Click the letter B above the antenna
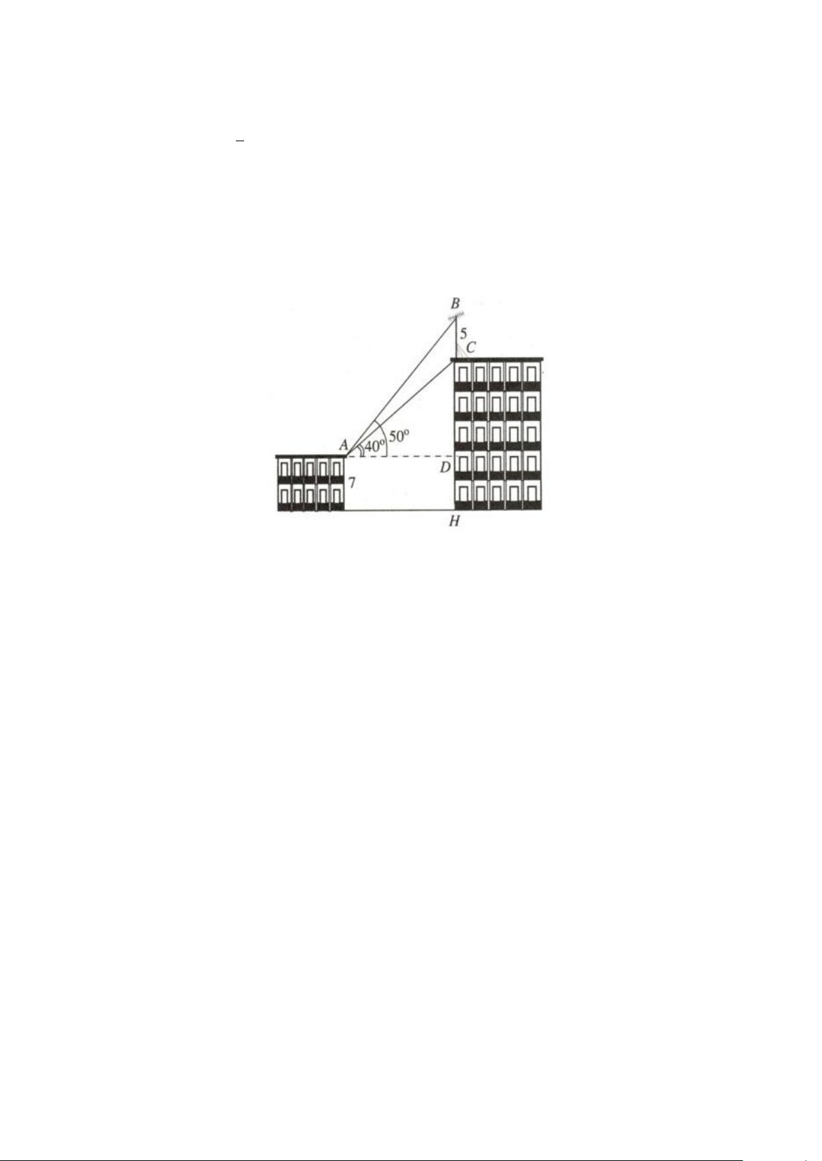pos(455,302)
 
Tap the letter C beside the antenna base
pos(471,349)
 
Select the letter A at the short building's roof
pos(343,444)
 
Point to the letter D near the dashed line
pos(445,468)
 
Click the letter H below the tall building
pos(454,521)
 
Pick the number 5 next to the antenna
pos(463,332)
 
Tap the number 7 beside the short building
pos(352,483)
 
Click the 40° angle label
pos(374,446)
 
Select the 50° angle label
pos(399,436)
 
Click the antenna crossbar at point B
pos(456,315)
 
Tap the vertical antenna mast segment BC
pos(456,338)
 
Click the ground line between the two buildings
pos(399,511)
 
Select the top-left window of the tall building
pos(463,372)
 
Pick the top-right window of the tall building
pos(532,372)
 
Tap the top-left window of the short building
pos(284,469)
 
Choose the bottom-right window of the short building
pos(337,496)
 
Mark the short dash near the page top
pos(239,141)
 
